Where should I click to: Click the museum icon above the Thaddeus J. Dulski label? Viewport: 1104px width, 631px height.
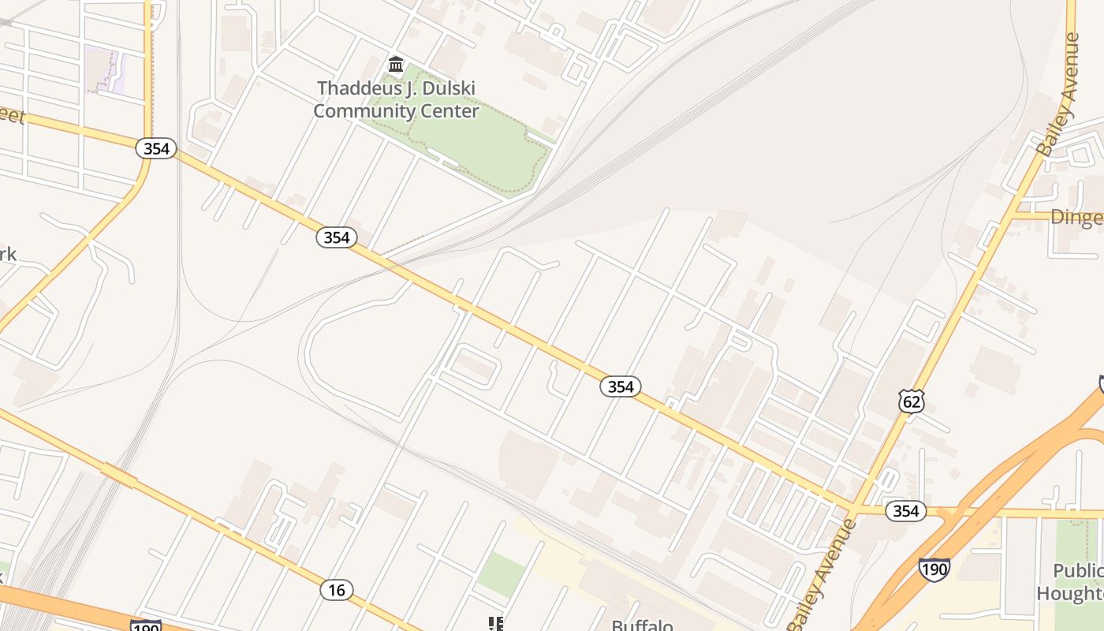396,64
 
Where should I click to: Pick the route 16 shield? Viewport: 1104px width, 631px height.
337,589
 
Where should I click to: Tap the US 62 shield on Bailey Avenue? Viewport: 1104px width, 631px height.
911,401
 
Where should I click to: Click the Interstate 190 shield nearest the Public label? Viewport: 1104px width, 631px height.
934,569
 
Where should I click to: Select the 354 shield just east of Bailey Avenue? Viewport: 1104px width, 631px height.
905,511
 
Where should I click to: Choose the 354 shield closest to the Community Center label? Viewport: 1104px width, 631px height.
337,237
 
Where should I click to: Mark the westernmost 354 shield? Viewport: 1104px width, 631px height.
155,148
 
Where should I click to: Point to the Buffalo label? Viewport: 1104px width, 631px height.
643,625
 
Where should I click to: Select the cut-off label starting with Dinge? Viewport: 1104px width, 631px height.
1076,218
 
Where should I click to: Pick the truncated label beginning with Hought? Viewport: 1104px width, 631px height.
1069,593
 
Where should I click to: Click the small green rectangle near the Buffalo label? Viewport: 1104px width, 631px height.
501,573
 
